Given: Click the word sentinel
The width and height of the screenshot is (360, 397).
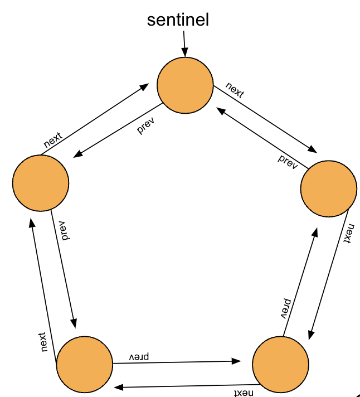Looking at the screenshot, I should (x=178, y=20).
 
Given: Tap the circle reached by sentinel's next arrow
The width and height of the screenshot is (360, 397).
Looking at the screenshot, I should (x=328, y=188).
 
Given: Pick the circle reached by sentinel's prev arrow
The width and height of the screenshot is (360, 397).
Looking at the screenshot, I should (x=40, y=183).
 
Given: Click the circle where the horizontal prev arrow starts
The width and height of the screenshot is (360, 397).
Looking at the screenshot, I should (x=85, y=364).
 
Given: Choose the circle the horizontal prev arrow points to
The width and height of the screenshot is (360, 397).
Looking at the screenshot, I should (x=280, y=364).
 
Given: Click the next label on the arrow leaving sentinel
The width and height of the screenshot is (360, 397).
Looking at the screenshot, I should (x=235, y=90).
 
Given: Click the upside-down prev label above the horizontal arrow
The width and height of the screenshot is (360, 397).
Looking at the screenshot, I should (x=140, y=355).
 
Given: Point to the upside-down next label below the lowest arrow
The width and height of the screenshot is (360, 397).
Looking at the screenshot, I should (x=240, y=393).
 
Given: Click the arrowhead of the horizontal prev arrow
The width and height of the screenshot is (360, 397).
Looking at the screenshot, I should (x=237, y=361).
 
